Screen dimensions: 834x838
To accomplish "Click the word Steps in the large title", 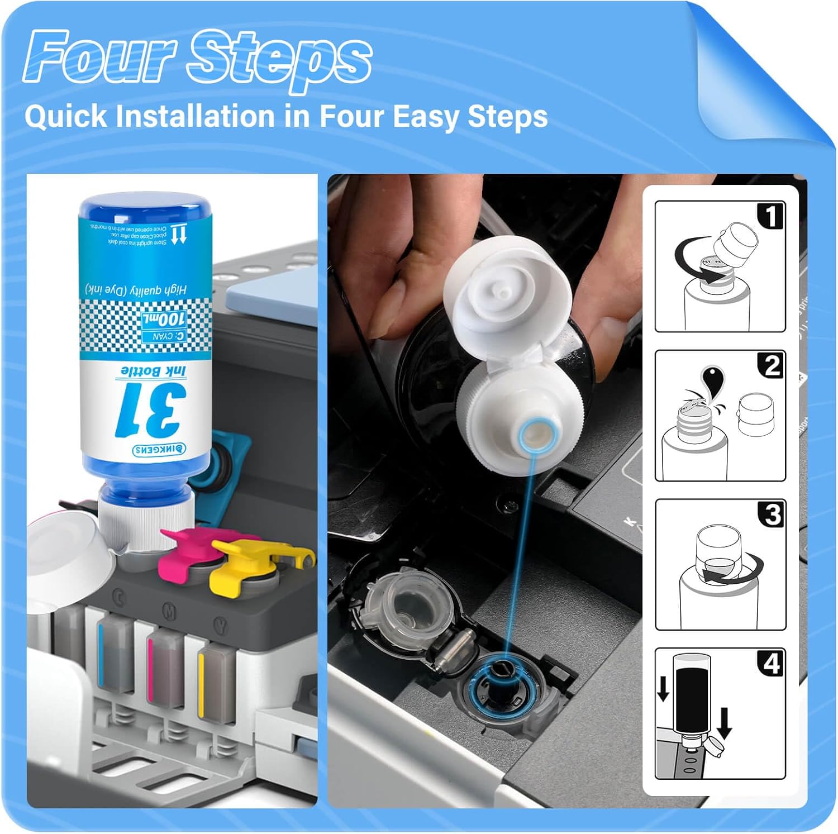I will click(x=279, y=58).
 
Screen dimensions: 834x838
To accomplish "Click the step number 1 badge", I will click(x=771, y=216).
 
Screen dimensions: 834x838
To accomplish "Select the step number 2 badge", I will click(x=771, y=365).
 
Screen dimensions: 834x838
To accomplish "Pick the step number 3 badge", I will click(x=772, y=514).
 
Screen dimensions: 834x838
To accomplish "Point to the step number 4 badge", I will click(x=772, y=664).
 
